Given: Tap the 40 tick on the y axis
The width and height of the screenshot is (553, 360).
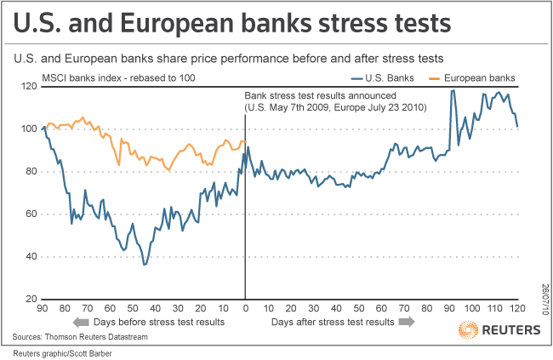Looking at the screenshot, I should tap(31, 257).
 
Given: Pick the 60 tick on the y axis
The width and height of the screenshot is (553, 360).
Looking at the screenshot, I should tap(31, 214).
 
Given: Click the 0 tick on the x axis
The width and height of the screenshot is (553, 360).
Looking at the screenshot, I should tap(246, 308).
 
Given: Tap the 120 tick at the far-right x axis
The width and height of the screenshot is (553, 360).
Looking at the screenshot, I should tap(517, 308).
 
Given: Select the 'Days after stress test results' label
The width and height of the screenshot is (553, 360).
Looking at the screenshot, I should tap(333, 323).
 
